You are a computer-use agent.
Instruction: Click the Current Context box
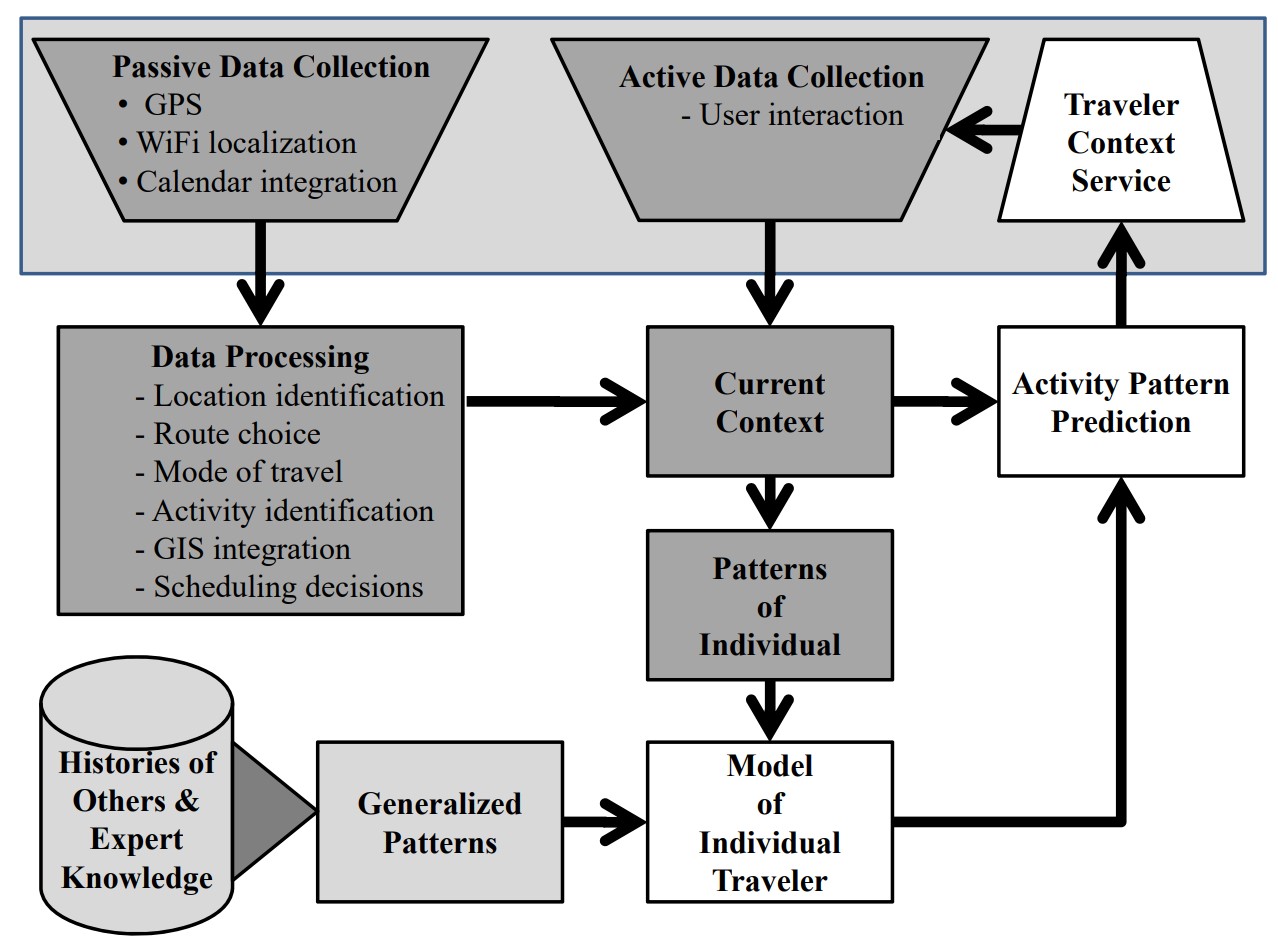click(769, 402)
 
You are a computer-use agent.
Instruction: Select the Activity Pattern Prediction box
click(1120, 402)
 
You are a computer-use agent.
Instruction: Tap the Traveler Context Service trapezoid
click(1119, 143)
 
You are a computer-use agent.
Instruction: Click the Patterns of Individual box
click(769, 606)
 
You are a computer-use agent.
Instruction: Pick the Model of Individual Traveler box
click(769, 823)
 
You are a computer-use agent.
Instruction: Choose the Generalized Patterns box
click(439, 823)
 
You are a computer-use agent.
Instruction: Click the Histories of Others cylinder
click(137, 820)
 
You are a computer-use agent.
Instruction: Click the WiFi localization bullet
click(245, 143)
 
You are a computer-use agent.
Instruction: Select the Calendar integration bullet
click(265, 182)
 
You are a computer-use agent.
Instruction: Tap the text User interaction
click(800, 115)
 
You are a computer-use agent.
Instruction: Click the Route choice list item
click(236, 434)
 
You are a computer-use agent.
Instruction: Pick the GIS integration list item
click(250, 549)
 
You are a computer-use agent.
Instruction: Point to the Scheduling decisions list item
click(287, 587)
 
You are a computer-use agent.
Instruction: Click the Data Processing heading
click(260, 357)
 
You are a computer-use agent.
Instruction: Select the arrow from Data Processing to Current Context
click(555, 402)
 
